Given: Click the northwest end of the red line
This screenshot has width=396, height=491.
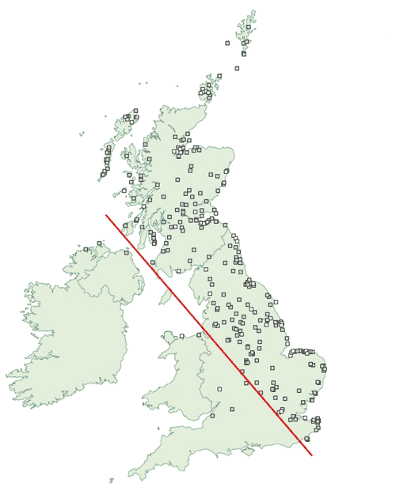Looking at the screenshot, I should pyautogui.click(x=106, y=214).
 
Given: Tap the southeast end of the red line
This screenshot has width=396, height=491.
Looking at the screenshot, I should pyautogui.click(x=311, y=455).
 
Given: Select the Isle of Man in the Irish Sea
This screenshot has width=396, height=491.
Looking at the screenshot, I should pyautogui.click(x=166, y=298).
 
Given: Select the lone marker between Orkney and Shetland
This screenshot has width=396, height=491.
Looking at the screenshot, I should pyautogui.click(x=237, y=68).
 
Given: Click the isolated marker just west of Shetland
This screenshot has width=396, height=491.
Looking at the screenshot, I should pyautogui.click(x=227, y=43).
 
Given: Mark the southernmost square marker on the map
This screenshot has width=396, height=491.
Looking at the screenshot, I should pyautogui.click(x=307, y=438).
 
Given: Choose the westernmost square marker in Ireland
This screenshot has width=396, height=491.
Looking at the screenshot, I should pyautogui.click(x=99, y=243).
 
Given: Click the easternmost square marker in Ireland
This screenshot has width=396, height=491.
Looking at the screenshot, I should pyautogui.click(x=127, y=253).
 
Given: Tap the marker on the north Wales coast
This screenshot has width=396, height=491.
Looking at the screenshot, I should pyautogui.click(x=181, y=336).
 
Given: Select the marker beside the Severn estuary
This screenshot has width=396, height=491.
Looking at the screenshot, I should pyautogui.click(x=212, y=416).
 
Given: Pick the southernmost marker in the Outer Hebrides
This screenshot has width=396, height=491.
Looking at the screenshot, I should pyautogui.click(x=103, y=173).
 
